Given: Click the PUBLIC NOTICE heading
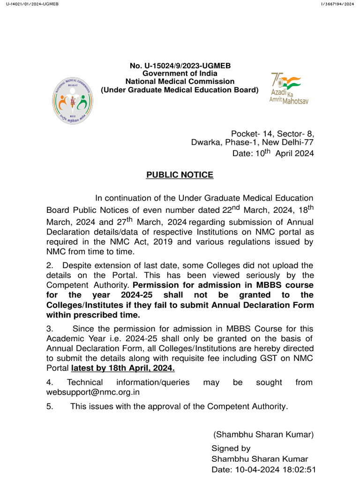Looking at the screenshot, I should click(180, 175).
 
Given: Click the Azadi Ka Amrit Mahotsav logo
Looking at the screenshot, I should click(286, 89).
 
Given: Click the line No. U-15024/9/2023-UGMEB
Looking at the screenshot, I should click(180, 66).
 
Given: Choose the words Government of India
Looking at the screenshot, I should click(180, 74).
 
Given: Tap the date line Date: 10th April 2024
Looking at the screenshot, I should click(273, 153).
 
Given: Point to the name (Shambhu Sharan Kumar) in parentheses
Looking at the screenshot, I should click(263, 434).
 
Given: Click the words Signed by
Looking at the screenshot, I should click(231, 448).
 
